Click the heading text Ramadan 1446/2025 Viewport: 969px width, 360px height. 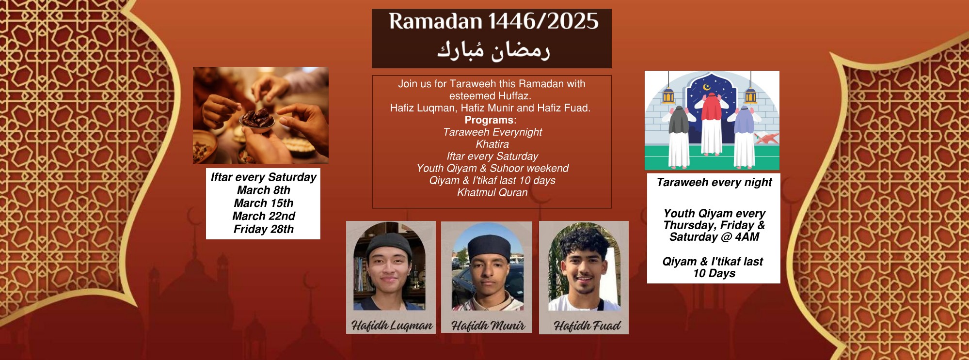[x=493, y=21]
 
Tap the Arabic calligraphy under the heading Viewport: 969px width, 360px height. [x=493, y=50]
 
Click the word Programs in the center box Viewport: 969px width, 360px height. [x=489, y=120]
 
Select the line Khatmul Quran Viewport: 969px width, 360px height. [x=492, y=192]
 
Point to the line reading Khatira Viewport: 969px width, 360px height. [x=492, y=144]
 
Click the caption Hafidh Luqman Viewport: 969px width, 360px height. [x=392, y=326]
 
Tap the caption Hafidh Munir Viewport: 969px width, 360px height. [x=488, y=326]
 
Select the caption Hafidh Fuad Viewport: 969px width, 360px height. [x=587, y=326]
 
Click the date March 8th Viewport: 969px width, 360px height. [x=264, y=190]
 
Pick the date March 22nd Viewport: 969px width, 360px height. [x=264, y=216]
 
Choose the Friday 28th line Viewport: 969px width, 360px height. [x=264, y=229]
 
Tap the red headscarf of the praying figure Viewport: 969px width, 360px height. [x=711, y=106]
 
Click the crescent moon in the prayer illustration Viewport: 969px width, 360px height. [x=707, y=87]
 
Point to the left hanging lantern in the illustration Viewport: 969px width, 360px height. [x=668, y=94]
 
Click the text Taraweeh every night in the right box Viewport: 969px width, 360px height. [x=714, y=182]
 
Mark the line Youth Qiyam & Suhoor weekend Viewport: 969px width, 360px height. [x=492, y=168]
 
